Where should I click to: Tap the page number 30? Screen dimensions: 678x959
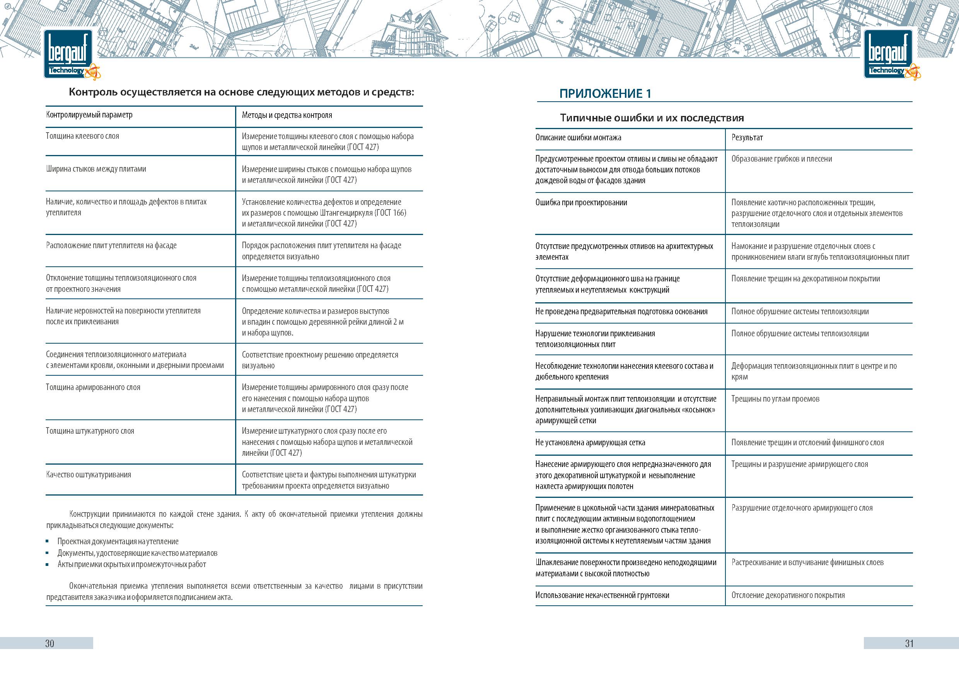point(50,643)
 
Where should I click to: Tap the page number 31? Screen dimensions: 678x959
point(909,643)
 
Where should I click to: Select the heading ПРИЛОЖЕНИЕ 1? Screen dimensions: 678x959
point(605,94)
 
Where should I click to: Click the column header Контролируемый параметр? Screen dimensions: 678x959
point(89,115)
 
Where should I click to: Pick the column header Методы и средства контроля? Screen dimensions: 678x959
point(287,115)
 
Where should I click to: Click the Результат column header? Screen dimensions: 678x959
point(747,137)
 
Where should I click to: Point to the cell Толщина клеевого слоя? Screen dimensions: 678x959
point(83,136)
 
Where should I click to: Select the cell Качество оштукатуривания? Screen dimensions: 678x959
point(89,475)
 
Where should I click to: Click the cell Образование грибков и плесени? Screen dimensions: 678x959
point(782,158)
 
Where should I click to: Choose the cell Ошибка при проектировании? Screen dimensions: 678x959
point(581,203)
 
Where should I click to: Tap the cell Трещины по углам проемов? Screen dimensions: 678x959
point(775,399)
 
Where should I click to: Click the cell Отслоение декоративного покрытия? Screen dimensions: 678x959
point(788,595)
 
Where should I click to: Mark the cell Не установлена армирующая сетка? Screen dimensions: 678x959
point(590,443)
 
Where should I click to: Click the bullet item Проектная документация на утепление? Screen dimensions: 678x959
point(118,542)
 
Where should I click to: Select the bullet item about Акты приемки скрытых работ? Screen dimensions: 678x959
point(131,564)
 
